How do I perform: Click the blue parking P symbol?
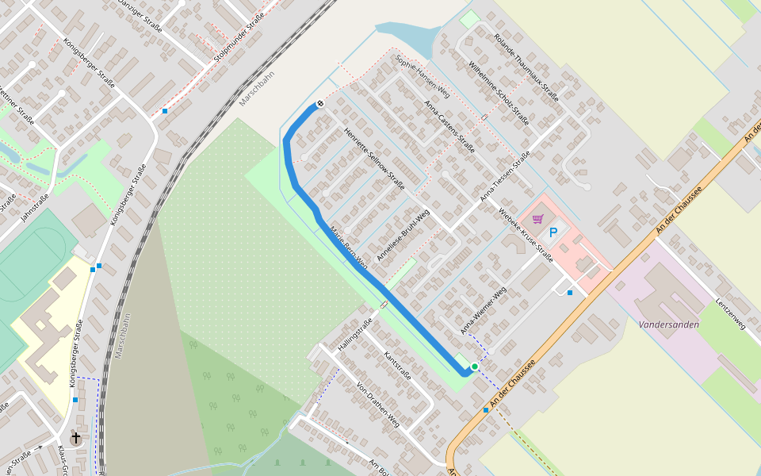[x=553, y=232]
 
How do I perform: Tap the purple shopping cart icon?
[x=537, y=218]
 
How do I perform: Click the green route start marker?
[x=474, y=366]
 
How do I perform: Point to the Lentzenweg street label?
[x=729, y=313]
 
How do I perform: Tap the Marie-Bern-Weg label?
[x=349, y=248]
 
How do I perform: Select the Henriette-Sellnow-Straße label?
[x=374, y=158]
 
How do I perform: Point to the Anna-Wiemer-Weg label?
[x=483, y=309]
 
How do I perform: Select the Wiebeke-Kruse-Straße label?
[x=526, y=235]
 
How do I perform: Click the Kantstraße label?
[x=397, y=366]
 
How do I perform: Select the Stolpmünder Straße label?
[x=239, y=38]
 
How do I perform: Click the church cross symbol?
[x=76, y=437]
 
